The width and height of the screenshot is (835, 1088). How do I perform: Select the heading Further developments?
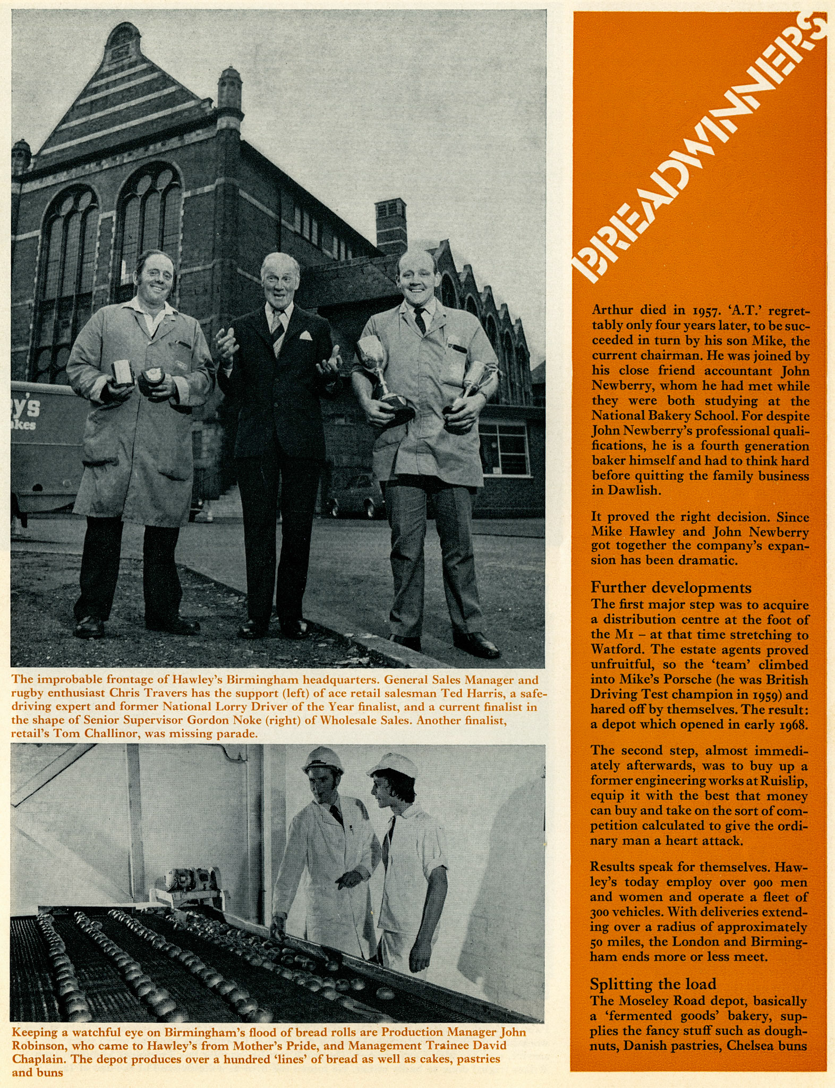(x=671, y=588)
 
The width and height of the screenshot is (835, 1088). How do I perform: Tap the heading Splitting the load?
(x=653, y=984)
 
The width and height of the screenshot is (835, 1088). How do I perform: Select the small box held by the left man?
(x=123, y=371)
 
